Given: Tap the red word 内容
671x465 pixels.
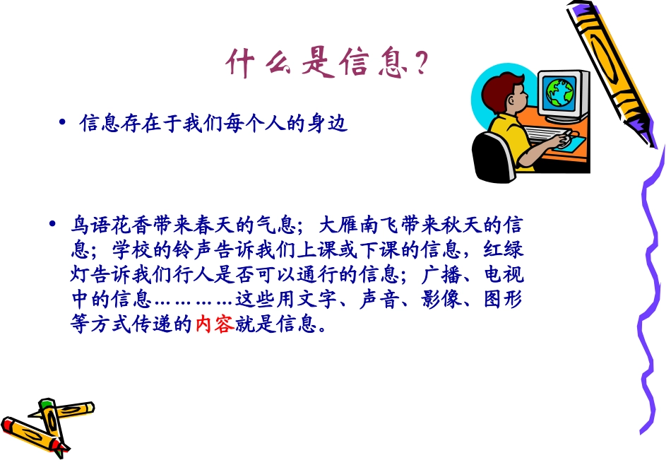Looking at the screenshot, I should [214, 326].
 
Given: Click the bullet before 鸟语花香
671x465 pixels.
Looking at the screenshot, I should [52, 225].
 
